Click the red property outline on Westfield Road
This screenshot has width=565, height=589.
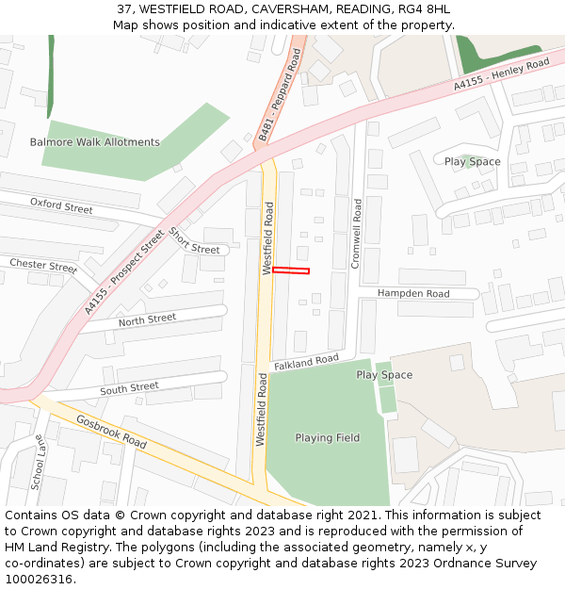pyautogui.click(x=291, y=271)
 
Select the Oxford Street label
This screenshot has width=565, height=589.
pyautogui.click(x=61, y=205)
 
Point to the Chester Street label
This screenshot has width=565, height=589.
pyautogui.click(x=42, y=265)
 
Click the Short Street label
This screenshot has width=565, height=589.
pyautogui.click(x=195, y=242)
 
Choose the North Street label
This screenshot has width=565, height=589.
pyautogui.click(x=147, y=320)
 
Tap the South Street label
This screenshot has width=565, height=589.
pyautogui.click(x=129, y=387)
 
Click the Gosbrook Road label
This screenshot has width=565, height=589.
pyautogui.click(x=112, y=432)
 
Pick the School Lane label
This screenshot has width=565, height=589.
pyautogui.click(x=40, y=462)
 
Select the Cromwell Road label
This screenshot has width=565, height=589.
pyautogui.click(x=356, y=234)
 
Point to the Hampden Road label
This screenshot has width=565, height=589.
pyautogui.click(x=413, y=294)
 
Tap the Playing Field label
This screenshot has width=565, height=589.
pyautogui.click(x=328, y=437)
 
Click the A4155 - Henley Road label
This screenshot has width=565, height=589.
pyautogui.click(x=501, y=74)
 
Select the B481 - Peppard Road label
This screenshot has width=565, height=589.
pyautogui.click(x=279, y=96)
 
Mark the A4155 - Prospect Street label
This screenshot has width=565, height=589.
pyautogui.click(x=124, y=272)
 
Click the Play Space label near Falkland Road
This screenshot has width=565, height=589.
pyautogui.click(x=384, y=375)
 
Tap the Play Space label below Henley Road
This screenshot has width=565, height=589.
pyautogui.click(x=473, y=162)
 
